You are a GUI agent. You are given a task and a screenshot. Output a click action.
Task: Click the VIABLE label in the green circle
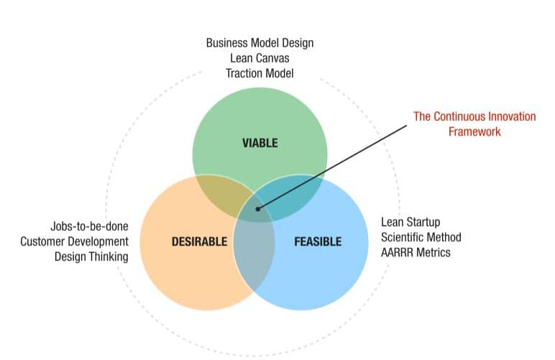click(260, 143)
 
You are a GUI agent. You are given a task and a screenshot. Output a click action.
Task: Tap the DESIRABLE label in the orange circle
click(199, 241)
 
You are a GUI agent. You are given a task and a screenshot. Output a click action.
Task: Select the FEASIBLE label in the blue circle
click(318, 241)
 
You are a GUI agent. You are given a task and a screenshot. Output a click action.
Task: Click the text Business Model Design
click(260, 43)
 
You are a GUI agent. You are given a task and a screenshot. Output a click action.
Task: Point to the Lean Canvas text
click(260, 58)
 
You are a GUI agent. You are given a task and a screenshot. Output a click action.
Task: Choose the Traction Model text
click(260, 73)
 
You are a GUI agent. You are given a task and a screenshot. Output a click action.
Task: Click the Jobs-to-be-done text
click(90, 226)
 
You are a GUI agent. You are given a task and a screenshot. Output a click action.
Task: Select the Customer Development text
click(74, 241)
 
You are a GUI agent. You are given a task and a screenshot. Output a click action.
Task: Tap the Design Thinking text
click(91, 257)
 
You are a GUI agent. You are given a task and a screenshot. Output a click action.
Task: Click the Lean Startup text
click(410, 222)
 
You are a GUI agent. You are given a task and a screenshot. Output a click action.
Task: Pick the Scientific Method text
click(421, 237)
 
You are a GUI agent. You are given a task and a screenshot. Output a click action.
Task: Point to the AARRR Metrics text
click(416, 252)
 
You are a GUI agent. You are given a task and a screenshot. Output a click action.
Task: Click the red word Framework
click(474, 131)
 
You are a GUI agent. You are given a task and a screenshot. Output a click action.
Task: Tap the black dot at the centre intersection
click(257, 209)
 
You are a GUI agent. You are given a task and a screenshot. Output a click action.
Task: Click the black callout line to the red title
click(332, 167)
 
